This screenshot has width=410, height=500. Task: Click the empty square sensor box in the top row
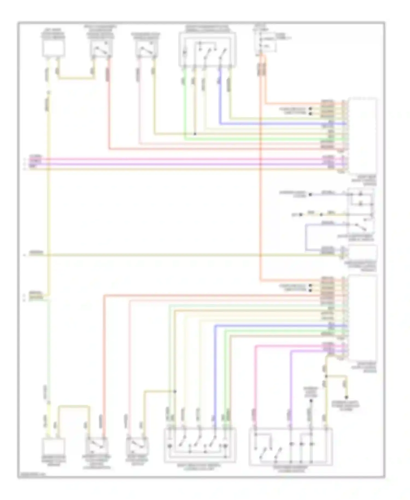pos(53,48)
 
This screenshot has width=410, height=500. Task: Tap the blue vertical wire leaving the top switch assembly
pos(220,96)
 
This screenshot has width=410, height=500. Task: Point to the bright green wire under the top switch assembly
pos(185,104)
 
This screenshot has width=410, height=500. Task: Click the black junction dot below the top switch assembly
pos(195,134)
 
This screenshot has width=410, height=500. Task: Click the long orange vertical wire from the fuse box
pos(260,191)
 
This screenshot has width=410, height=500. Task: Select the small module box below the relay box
pos(362,253)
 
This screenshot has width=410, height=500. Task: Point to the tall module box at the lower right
pos(362,317)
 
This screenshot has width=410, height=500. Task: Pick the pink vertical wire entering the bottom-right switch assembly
pos(256,383)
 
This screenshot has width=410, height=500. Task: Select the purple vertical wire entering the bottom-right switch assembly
pos(290,388)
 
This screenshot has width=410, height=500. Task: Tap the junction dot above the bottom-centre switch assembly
pos(175,391)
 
